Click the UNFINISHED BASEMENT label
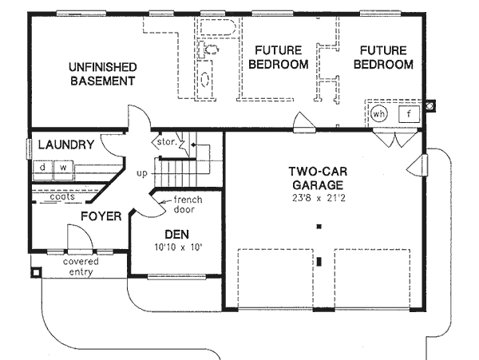tap(101, 73)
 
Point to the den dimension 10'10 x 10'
tap(176, 247)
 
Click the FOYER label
tap(101, 216)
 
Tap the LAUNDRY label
tap(66, 145)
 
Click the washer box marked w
tap(61, 168)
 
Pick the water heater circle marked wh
tap(379, 113)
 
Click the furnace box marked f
tap(408, 113)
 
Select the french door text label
tap(188, 204)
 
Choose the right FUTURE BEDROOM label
tap(380, 57)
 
